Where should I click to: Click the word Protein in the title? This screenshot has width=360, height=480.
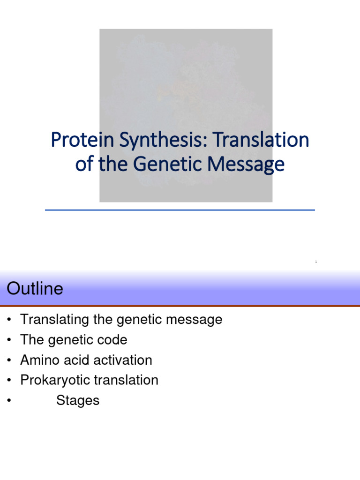82,140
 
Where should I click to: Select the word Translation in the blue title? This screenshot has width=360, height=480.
261,140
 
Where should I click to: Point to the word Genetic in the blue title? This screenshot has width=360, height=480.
167,164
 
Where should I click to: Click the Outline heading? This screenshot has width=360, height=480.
35,288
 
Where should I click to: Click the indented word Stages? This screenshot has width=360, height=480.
78,401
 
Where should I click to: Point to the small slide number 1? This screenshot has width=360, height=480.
316,262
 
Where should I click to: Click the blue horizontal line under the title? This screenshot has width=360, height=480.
180,210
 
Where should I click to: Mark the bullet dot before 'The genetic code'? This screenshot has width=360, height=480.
9,340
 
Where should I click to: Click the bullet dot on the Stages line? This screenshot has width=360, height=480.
9,400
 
